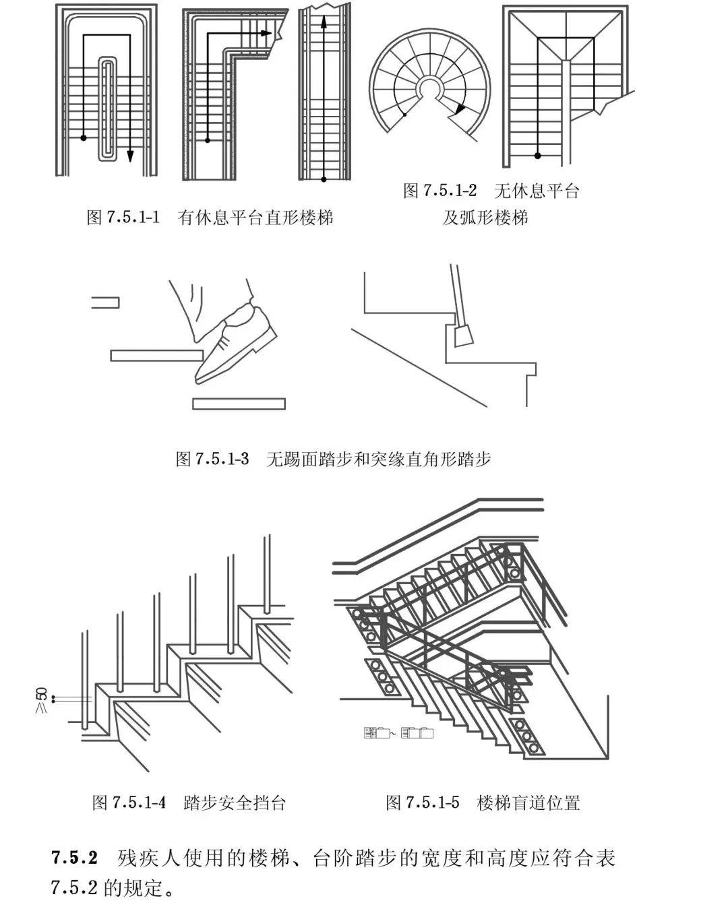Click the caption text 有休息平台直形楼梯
(255, 218)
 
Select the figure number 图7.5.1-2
(439, 191)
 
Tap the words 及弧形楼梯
(485, 218)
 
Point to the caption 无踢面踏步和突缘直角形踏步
(378, 460)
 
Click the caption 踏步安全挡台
(235, 802)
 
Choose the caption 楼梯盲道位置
(528, 802)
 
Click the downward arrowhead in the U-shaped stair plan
(129, 156)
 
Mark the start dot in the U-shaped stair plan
(83, 138)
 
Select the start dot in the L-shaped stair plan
(208, 140)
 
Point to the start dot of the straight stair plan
(324, 179)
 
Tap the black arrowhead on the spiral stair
(459, 109)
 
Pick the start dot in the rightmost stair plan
(537, 156)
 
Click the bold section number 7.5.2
(75, 859)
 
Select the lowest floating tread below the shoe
(238, 404)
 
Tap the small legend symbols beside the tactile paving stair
(398, 733)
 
